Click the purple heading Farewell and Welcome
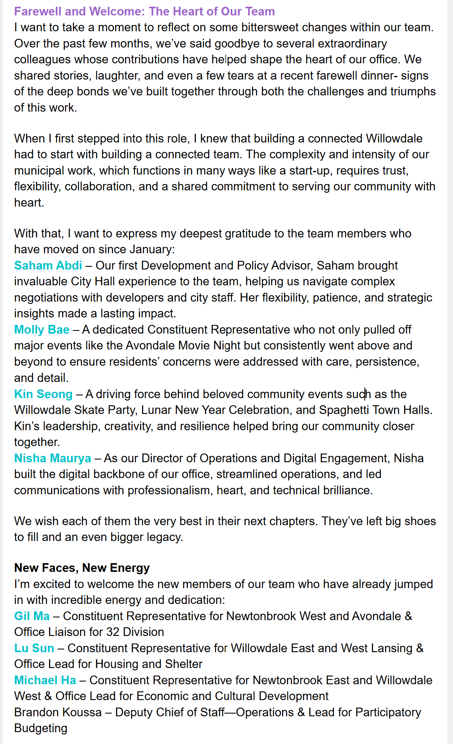(x=144, y=11)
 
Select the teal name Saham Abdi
(x=48, y=265)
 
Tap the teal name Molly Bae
(x=42, y=329)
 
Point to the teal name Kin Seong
(x=44, y=394)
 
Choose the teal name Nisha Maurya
(x=53, y=458)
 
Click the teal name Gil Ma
(x=32, y=616)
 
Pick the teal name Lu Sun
(x=34, y=648)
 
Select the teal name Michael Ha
(x=45, y=680)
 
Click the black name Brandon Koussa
(x=58, y=712)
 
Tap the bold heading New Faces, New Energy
(x=82, y=567)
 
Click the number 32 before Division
(x=113, y=632)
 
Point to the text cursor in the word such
(x=365, y=394)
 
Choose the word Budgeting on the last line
(x=41, y=728)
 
